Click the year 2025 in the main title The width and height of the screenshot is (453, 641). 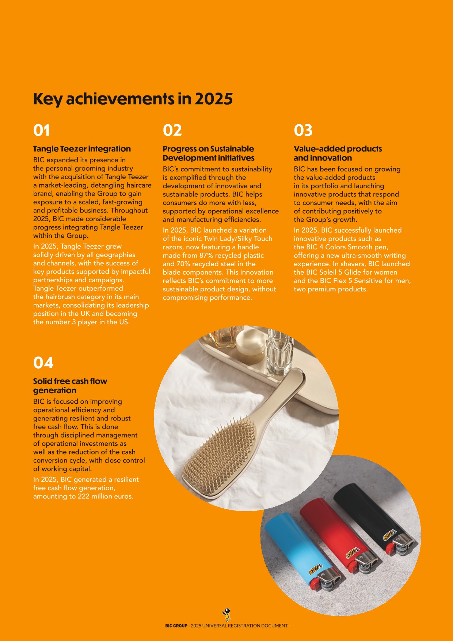coord(213,99)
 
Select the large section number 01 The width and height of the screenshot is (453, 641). coord(42,131)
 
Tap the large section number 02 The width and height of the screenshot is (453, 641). coord(172,131)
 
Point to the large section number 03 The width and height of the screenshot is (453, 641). coord(303,131)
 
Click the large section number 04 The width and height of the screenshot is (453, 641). coord(43,363)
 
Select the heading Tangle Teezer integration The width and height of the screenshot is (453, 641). coord(82,149)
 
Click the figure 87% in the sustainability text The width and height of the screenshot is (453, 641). coord(206,255)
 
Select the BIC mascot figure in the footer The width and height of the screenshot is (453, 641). coord(227,614)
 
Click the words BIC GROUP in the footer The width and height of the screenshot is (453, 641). coord(176,626)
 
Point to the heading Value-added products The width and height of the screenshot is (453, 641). coord(338,149)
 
